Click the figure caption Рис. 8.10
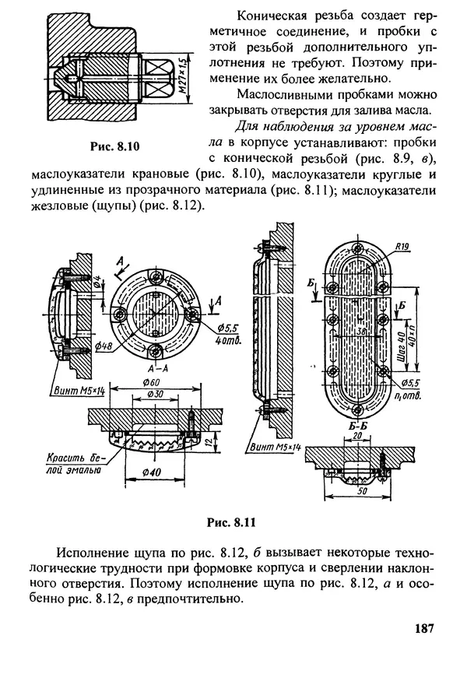pyautogui.click(x=116, y=146)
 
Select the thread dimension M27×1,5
pyautogui.click(x=184, y=74)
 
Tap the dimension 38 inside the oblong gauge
pyautogui.click(x=360, y=329)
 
